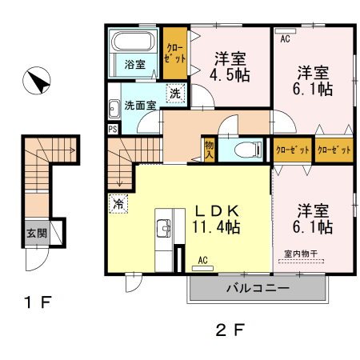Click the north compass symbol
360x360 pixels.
(37, 81)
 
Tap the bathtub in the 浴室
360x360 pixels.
(134, 42)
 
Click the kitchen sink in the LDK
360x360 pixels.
(163, 228)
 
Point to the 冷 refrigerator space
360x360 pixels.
(118, 204)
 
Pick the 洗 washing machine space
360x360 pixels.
(175, 93)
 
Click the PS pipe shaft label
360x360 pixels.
(113, 130)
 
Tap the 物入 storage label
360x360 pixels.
(209, 150)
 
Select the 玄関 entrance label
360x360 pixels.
(37, 234)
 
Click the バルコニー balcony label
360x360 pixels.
(258, 288)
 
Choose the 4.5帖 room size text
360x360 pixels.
(230, 75)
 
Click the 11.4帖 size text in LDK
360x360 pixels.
(216, 227)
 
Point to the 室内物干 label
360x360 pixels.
(301, 254)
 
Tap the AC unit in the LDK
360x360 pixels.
(202, 268)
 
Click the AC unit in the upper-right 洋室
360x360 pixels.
(286, 31)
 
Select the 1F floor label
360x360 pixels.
(37, 302)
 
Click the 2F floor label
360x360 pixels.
(230, 330)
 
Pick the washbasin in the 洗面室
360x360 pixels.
(114, 109)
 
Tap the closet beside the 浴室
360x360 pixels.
(175, 53)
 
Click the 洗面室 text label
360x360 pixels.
(140, 106)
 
